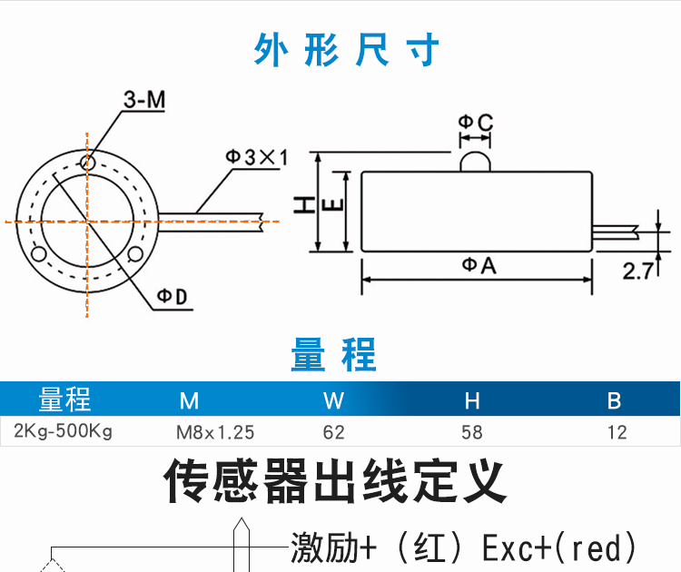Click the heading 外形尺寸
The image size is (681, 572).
click(347, 50)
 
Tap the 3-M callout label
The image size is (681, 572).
click(144, 102)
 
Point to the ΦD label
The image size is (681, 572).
click(171, 297)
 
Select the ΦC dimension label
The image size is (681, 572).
click(474, 122)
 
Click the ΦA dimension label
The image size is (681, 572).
click(479, 265)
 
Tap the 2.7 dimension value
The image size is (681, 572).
click(639, 270)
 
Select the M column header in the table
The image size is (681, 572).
click(189, 400)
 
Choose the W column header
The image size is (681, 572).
click(333, 400)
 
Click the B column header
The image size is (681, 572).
click(614, 400)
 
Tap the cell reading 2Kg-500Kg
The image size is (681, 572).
click(64, 431)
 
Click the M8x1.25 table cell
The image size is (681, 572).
click(215, 432)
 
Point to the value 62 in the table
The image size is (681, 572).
click(333, 432)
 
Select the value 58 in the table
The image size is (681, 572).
click(472, 432)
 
